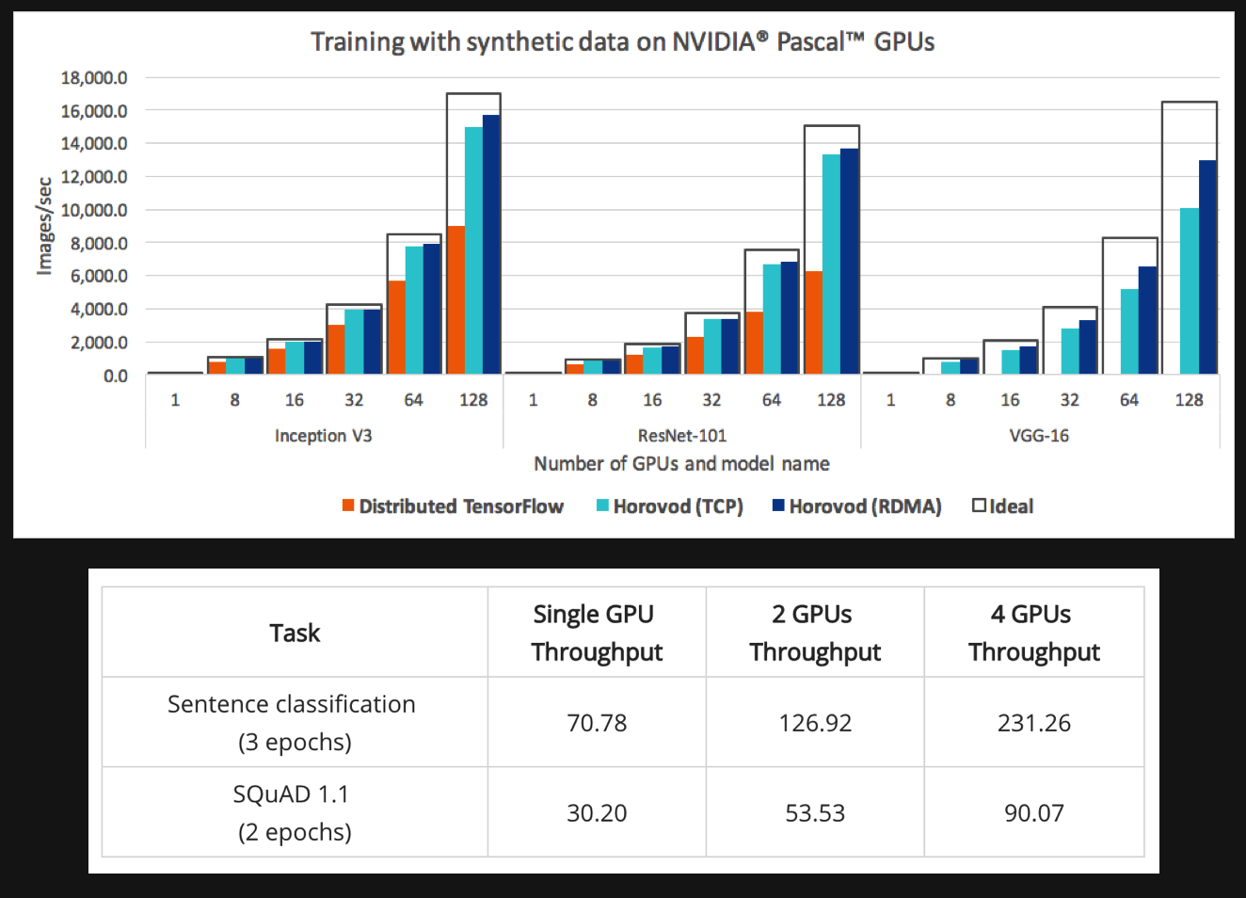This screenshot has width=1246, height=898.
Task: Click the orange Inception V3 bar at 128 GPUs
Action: pos(455,301)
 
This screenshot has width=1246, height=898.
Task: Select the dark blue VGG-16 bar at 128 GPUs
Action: pos(1207,268)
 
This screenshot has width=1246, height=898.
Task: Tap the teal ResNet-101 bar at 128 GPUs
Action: pos(831,265)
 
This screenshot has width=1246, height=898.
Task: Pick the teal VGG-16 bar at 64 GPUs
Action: pos(1129,331)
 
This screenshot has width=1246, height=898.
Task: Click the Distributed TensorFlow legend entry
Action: pos(453,506)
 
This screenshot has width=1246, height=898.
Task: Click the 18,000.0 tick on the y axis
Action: pos(94,78)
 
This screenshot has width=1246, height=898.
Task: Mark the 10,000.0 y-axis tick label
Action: pos(94,210)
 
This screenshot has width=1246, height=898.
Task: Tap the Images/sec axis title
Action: pos(43,226)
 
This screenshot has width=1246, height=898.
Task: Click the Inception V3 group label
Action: pos(323,436)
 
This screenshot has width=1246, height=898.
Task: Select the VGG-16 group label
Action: pos(1039,436)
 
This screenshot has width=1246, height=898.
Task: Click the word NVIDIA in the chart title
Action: pos(714,42)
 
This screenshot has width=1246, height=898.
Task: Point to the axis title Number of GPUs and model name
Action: pos(681,464)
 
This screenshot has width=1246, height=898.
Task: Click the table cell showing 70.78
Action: pos(597,723)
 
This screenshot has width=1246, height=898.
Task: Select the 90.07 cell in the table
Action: pos(1033,813)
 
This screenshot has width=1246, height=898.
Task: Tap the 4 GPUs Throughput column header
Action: pos(1033,633)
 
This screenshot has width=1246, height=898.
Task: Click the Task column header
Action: pos(295,633)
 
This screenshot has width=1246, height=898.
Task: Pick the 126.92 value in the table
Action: pos(815,723)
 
